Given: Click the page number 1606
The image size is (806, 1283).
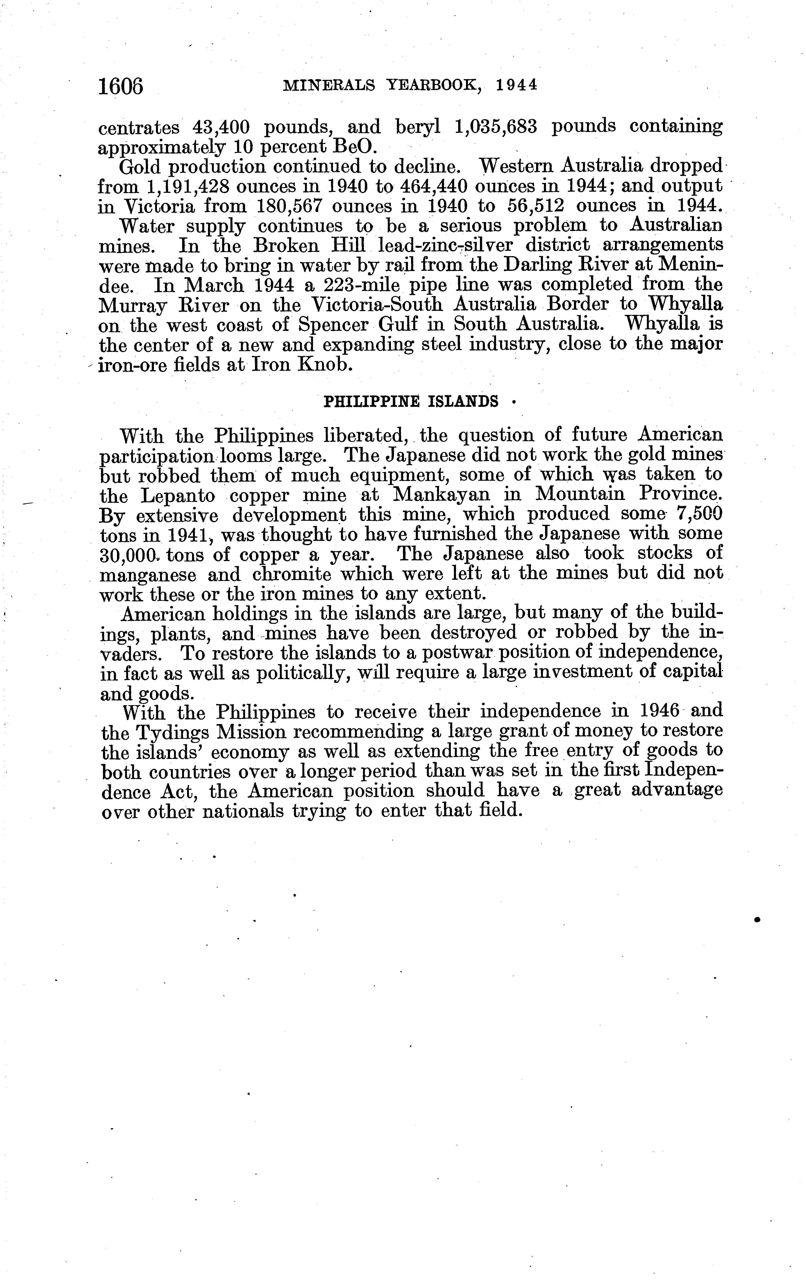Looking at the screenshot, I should point(121,86).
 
